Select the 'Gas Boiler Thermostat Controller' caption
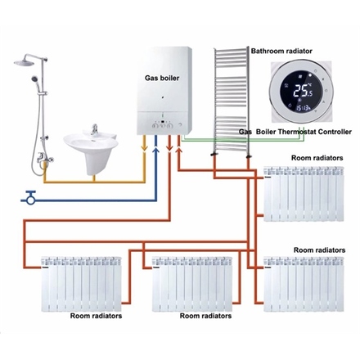(295, 131)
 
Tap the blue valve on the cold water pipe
(31, 196)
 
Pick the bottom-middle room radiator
(192, 282)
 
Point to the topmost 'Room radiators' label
(317, 156)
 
